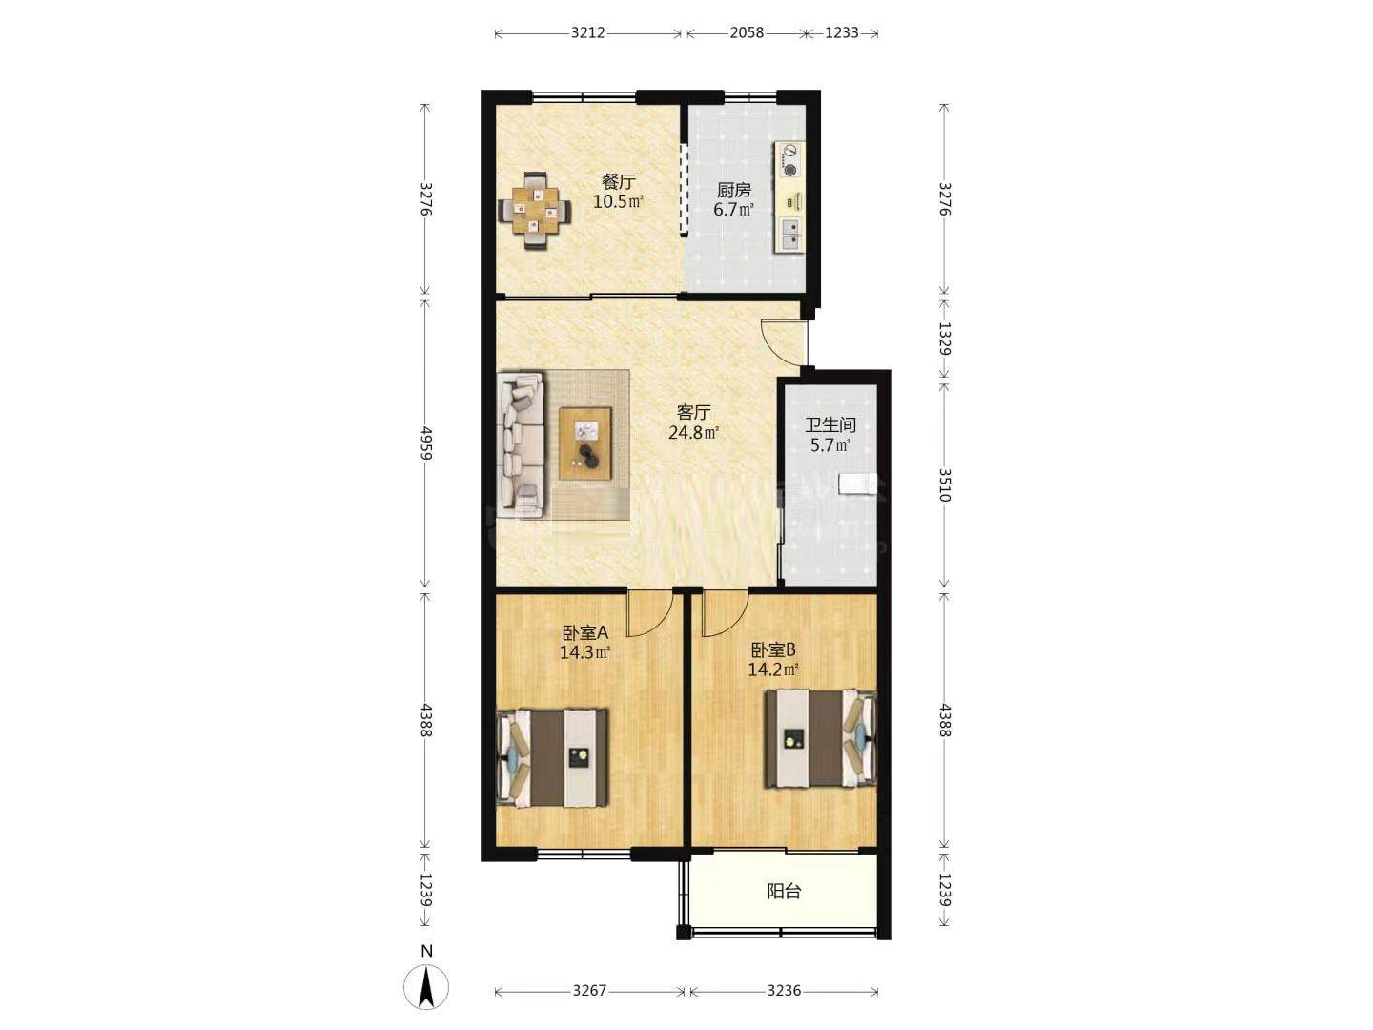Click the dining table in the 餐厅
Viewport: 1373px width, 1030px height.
coord(535,212)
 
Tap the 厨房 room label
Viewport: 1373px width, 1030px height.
coord(733,190)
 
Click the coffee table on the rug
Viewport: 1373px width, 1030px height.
coord(584,443)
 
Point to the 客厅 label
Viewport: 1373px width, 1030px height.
coord(693,412)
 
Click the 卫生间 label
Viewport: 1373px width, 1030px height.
coord(830,425)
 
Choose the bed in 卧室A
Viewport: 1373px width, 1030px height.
coord(552,757)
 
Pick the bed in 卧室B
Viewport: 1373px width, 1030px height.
coord(821,738)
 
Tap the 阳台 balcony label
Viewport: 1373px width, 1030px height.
coord(784,891)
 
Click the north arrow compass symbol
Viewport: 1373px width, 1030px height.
coord(426,987)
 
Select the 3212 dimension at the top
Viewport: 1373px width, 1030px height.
coord(587,32)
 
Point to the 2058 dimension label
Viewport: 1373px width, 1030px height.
coord(747,32)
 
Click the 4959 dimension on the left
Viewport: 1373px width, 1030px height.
coord(426,443)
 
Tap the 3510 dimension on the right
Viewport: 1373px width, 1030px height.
coord(944,484)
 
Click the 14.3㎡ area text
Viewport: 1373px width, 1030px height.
coord(584,653)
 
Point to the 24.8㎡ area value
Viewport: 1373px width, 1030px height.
coord(693,432)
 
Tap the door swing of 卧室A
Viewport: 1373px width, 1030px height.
coord(650,613)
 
